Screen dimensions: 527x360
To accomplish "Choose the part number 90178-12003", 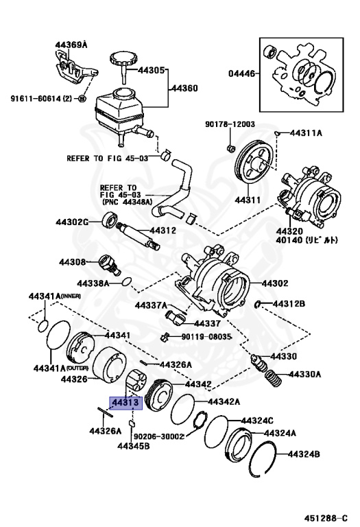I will (x=230, y=124).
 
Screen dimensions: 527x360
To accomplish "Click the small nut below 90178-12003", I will (x=231, y=147).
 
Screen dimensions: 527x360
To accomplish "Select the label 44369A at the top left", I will (x=72, y=45).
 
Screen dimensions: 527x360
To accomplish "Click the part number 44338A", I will (x=94, y=283).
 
